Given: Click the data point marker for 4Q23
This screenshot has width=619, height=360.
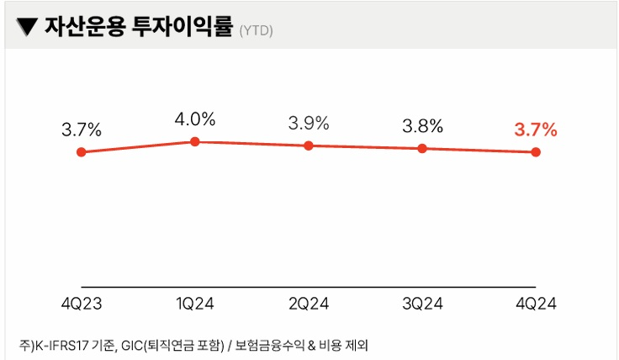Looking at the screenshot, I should [x=82, y=152].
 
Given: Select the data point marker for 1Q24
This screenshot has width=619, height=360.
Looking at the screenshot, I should [x=195, y=141].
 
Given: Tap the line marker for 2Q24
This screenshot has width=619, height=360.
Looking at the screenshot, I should [x=309, y=146].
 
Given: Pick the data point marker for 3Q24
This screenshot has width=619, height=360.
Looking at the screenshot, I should [x=422, y=149].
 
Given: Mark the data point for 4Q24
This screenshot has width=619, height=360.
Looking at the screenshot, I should [x=536, y=152].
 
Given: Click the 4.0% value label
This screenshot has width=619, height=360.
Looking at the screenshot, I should [x=195, y=119].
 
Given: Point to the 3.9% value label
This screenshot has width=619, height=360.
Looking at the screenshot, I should [x=309, y=123].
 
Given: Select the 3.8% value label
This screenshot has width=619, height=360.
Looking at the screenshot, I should [x=422, y=127].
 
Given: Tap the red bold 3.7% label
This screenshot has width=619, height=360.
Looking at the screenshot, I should [x=536, y=130].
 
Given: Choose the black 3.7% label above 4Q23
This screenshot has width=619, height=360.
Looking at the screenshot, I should [x=82, y=130].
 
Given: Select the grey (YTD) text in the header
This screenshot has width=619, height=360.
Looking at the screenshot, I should [x=256, y=30].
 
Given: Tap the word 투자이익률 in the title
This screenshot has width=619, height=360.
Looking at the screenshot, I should [x=183, y=27].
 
